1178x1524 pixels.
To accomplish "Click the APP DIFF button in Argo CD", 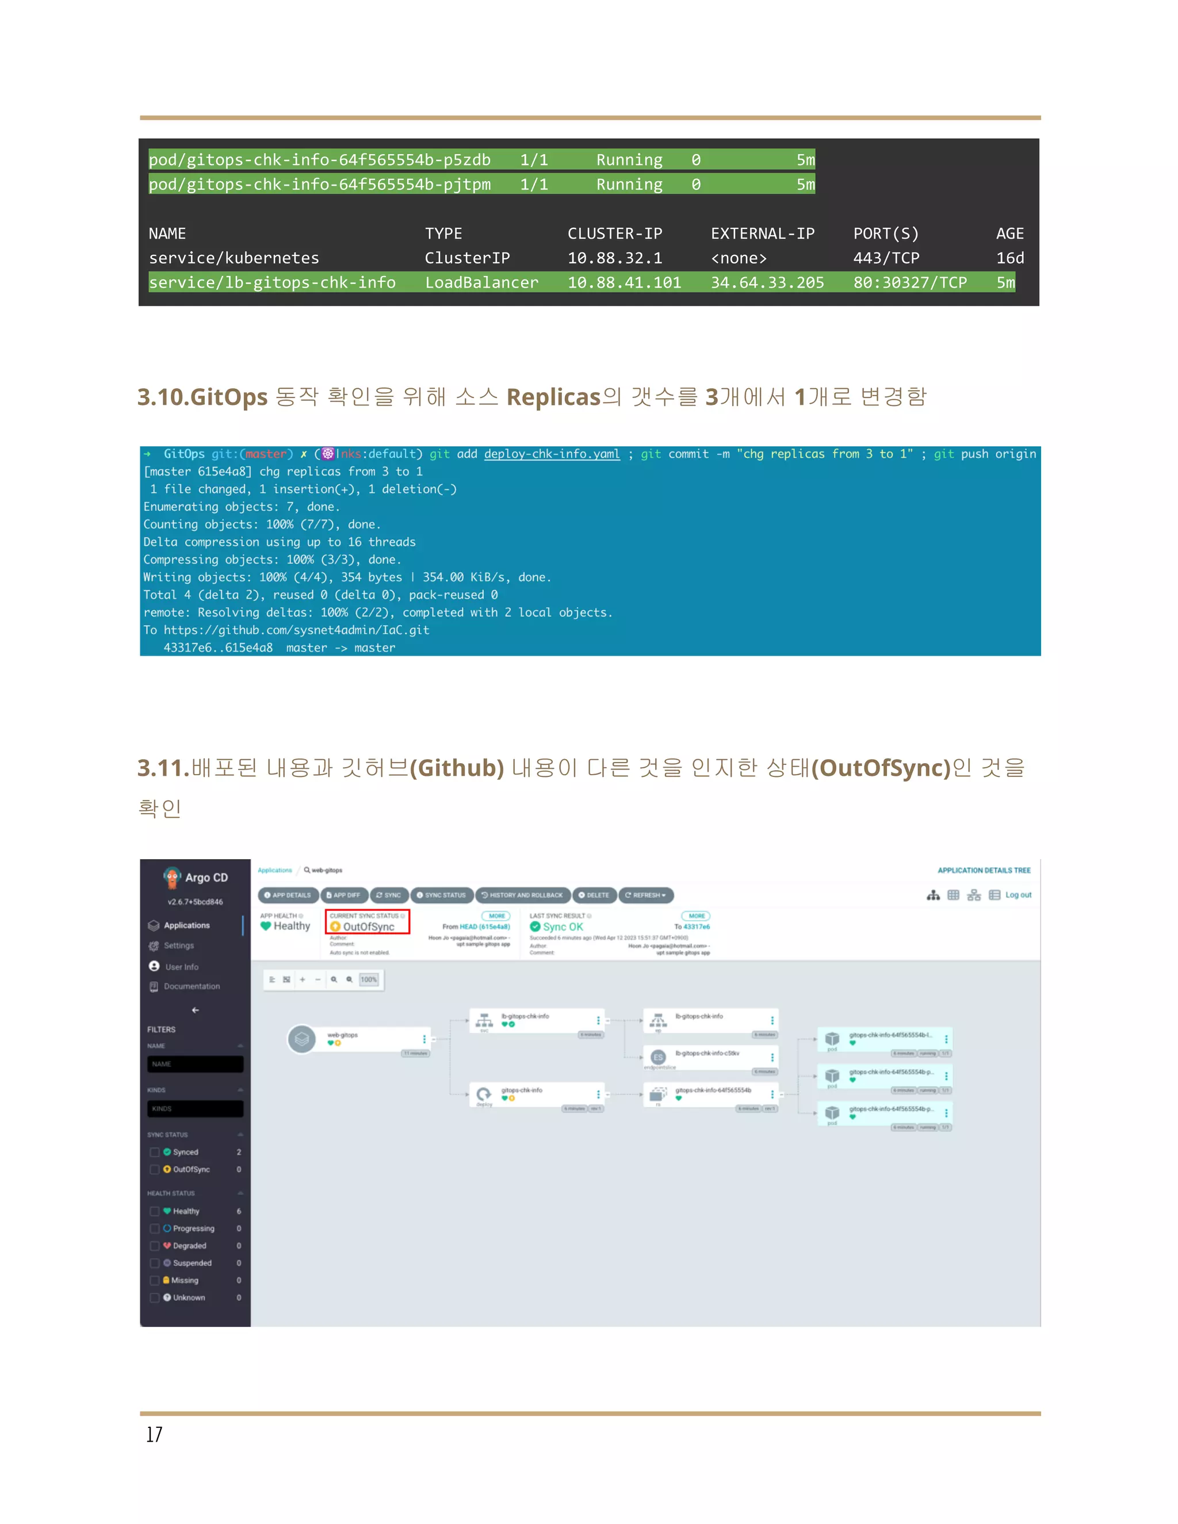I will coord(343,895).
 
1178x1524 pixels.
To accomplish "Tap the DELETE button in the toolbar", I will coord(594,895).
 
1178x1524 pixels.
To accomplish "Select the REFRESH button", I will coord(645,895).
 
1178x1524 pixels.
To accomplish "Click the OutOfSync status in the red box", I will coord(368,926).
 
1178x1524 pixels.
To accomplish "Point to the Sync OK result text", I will coord(562,926).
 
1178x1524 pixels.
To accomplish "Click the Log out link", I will coord(1018,895).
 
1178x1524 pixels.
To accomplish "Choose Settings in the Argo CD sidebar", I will coord(179,945).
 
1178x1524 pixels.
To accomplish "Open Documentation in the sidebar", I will coord(191,986).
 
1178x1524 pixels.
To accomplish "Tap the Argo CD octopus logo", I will coord(171,877).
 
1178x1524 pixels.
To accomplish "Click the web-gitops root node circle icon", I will coord(302,1039).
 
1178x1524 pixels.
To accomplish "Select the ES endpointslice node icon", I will coord(658,1057).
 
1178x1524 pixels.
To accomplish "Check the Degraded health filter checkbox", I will coord(155,1246).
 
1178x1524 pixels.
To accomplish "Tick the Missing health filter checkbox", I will coord(155,1281).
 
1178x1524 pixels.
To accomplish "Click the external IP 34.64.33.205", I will coord(767,282).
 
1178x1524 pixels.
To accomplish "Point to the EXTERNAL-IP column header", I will coord(762,233).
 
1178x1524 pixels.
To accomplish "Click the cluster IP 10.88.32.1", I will coord(614,258).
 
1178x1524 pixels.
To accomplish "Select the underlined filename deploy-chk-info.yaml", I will coord(551,454).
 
